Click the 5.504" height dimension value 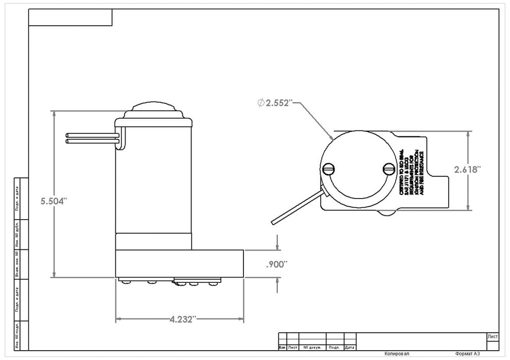coord(54,202)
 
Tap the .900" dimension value coord(276,265)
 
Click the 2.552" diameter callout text coord(278,103)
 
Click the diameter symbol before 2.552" coord(261,103)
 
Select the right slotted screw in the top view coord(389,169)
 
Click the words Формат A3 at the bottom coord(467,354)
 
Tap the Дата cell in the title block coord(349,348)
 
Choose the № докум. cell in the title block coord(313,348)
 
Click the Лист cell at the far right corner coord(492,336)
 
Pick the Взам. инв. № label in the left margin coord(17,264)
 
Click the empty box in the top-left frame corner coord(70,17)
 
